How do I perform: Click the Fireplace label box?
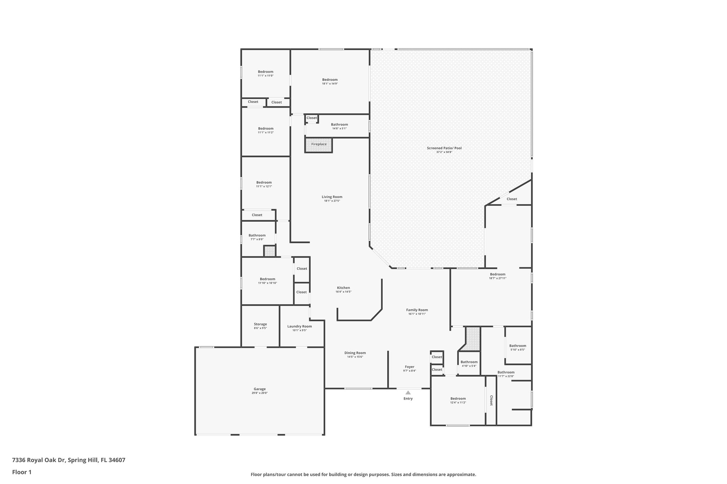[x=319, y=144]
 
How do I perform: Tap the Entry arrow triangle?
[x=408, y=393]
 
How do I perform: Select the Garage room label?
[x=259, y=389]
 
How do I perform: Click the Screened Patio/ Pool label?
[x=444, y=148]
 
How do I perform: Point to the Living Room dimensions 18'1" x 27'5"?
[x=332, y=201]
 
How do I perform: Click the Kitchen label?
[x=343, y=288]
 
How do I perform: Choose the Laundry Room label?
[x=299, y=326]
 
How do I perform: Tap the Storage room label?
[x=260, y=324]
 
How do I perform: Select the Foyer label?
[x=409, y=367]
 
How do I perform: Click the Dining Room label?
[x=355, y=353]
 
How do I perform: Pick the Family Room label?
[x=417, y=310]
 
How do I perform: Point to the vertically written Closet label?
[x=491, y=400]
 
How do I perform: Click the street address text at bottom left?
[x=69, y=460]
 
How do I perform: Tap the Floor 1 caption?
[x=22, y=472]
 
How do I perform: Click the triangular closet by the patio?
[x=512, y=199]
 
